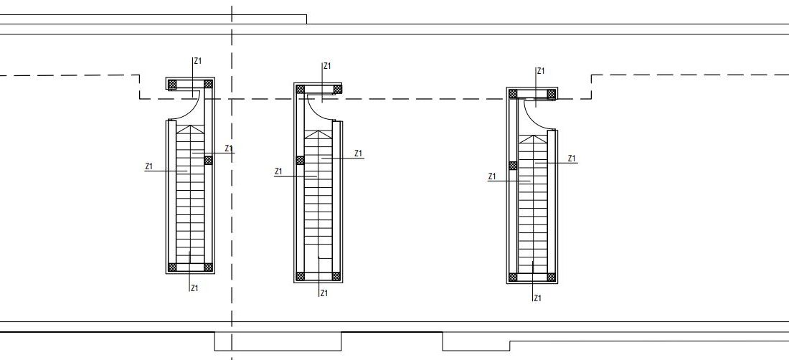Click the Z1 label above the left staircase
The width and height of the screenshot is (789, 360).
point(198,61)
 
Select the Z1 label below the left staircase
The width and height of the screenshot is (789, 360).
point(194,288)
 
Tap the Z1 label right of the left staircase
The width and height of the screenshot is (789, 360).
point(229,148)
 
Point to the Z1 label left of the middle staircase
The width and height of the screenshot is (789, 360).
point(279,171)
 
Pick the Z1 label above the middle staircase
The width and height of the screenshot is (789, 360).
point(327,66)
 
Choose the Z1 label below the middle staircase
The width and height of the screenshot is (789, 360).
point(324,293)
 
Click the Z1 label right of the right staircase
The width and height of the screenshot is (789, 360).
point(572,158)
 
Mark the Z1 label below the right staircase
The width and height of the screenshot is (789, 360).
point(537,298)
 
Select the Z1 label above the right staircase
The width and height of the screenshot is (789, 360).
point(541,71)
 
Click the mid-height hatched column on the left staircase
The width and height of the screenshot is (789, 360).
point(208,160)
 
